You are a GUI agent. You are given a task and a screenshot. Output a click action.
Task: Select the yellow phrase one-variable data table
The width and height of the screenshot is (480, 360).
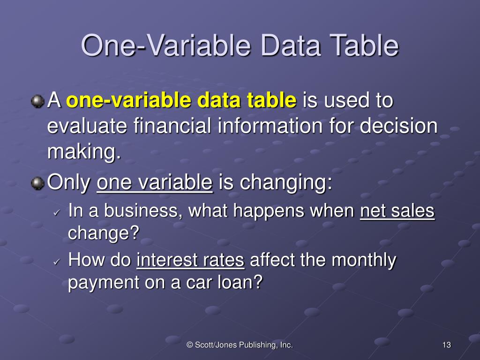pyautogui.click(x=181, y=101)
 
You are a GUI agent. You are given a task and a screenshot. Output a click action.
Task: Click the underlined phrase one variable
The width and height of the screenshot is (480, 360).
pyautogui.click(x=155, y=183)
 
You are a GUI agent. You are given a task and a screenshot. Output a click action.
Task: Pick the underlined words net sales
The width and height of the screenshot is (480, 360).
pyautogui.click(x=397, y=211)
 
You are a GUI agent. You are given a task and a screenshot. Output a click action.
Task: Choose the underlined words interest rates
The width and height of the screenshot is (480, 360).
pyautogui.click(x=190, y=260)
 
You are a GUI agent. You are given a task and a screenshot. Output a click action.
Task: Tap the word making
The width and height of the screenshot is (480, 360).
pyautogui.click(x=83, y=152)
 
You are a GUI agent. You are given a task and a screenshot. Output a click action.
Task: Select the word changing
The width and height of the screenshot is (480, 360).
pyautogui.click(x=285, y=183)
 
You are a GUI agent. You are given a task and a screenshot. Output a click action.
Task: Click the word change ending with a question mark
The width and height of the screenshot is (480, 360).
pyautogui.click(x=104, y=233)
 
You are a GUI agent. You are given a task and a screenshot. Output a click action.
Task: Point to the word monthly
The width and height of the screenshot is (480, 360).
pyautogui.click(x=364, y=260)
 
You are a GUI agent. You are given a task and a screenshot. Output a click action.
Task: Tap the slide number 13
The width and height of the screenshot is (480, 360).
pyautogui.click(x=446, y=345)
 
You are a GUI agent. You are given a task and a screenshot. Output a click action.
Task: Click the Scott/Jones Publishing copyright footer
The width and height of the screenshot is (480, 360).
pyautogui.click(x=240, y=345)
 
